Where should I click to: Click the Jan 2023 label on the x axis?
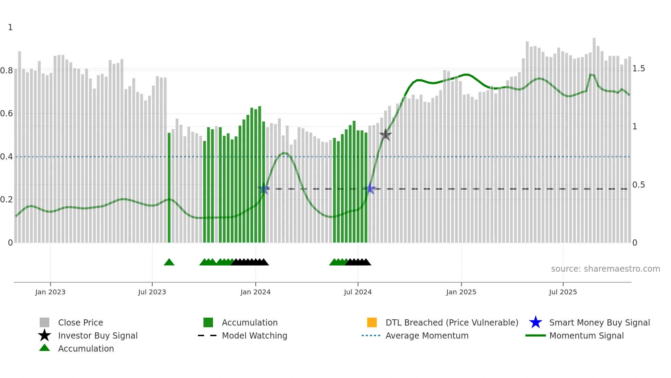point(50,292)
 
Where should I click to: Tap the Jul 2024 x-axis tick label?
point(358,292)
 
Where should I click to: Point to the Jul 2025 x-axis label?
point(563,292)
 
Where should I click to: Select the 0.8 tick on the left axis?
point(7,71)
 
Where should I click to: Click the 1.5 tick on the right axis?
point(638,69)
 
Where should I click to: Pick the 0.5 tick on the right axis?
point(638,185)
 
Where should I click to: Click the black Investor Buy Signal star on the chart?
point(385,135)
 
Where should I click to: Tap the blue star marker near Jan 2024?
point(264,189)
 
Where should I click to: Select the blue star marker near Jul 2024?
point(370,189)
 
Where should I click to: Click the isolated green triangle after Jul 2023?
point(169,262)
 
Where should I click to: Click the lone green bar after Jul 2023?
point(169,187)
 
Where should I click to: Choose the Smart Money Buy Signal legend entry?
point(599,322)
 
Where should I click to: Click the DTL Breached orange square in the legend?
point(372,322)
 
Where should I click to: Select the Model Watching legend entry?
point(254,335)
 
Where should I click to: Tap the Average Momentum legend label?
point(427,335)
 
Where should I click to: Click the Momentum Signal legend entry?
point(586,335)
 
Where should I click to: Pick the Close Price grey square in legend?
point(45,322)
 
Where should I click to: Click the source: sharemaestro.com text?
point(605,269)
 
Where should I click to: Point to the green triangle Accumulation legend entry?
point(86,349)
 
